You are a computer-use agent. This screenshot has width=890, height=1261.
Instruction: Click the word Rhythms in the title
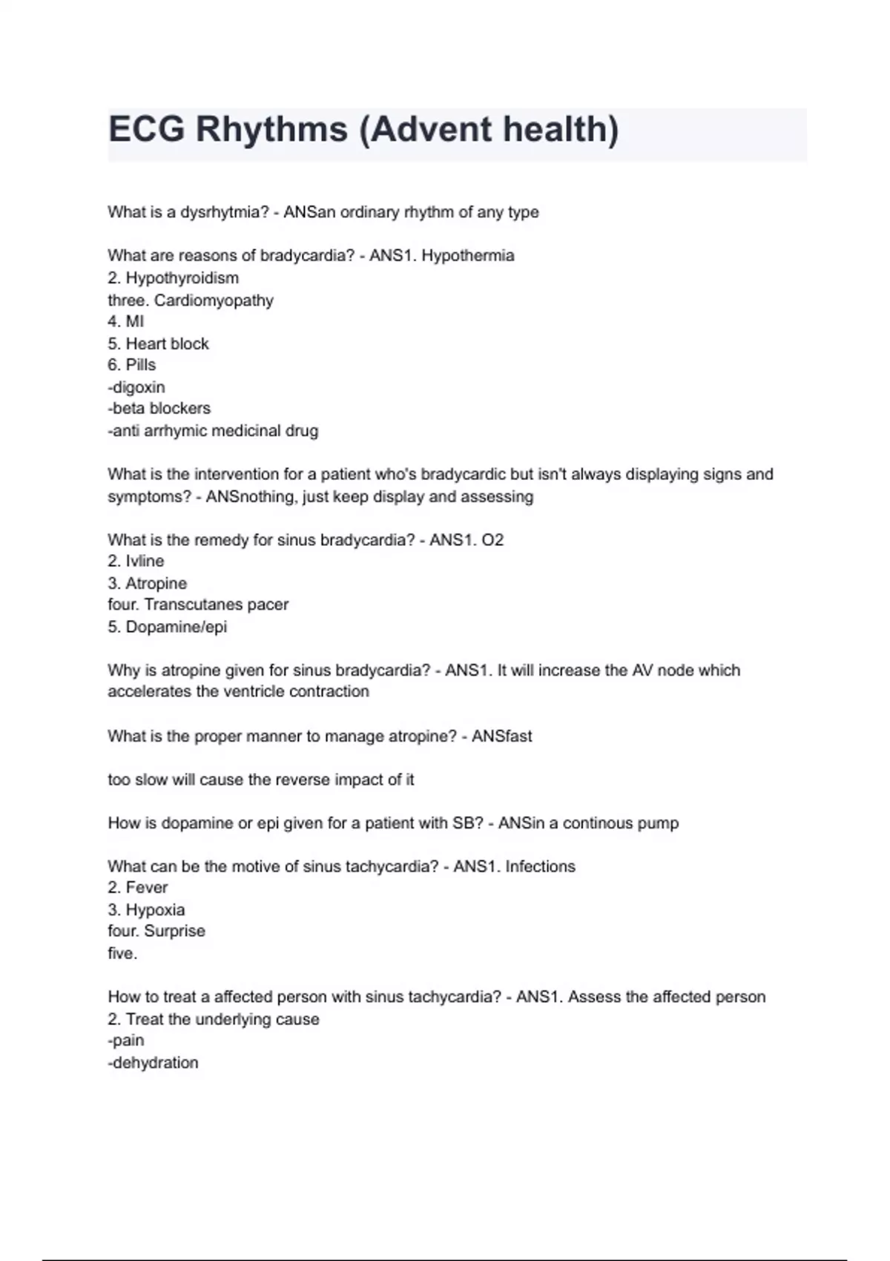271,130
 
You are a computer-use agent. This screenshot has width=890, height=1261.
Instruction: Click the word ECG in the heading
146,130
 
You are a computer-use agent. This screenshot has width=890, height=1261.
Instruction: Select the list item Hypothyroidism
182,278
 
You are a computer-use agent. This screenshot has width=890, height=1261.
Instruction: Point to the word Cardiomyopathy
214,300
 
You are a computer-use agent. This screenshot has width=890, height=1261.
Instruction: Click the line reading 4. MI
126,322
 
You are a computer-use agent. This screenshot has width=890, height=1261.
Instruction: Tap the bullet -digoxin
136,387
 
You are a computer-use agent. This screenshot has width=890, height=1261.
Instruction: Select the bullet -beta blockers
159,409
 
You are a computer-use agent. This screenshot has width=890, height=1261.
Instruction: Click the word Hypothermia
467,256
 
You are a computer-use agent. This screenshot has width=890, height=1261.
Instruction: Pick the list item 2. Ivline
136,562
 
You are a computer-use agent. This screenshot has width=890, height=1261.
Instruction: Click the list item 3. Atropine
147,584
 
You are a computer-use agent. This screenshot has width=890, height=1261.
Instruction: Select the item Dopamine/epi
176,627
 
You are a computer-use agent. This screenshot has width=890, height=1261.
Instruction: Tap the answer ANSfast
502,737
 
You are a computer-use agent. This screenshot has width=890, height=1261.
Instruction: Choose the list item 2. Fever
138,888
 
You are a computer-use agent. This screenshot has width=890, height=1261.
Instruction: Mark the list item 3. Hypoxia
146,910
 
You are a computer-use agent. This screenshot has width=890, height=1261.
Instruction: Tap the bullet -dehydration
153,1063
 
